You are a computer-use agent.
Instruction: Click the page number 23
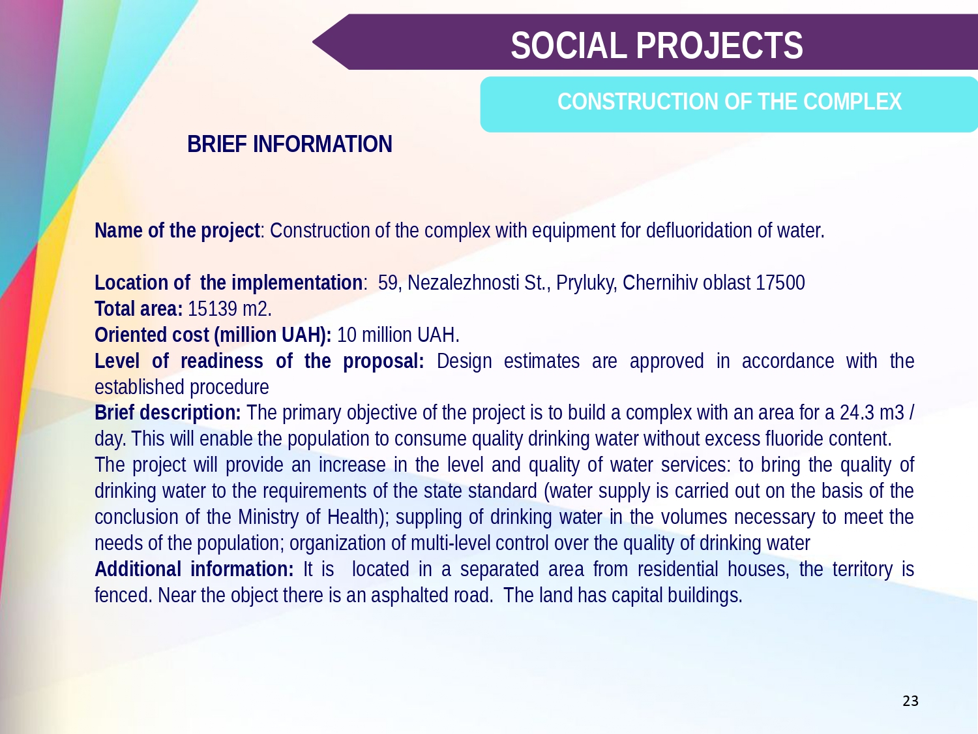click(910, 701)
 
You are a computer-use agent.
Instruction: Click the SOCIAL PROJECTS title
click(657, 46)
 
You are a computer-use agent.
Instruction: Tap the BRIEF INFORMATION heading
click(289, 144)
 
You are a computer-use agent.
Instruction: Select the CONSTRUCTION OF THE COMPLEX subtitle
click(730, 102)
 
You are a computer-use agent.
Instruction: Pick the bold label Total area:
click(139, 309)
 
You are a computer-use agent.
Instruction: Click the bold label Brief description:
click(168, 413)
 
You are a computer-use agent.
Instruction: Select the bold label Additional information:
click(194, 569)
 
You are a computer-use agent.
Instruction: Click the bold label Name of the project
click(177, 231)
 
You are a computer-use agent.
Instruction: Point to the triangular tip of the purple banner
click(313, 42)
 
